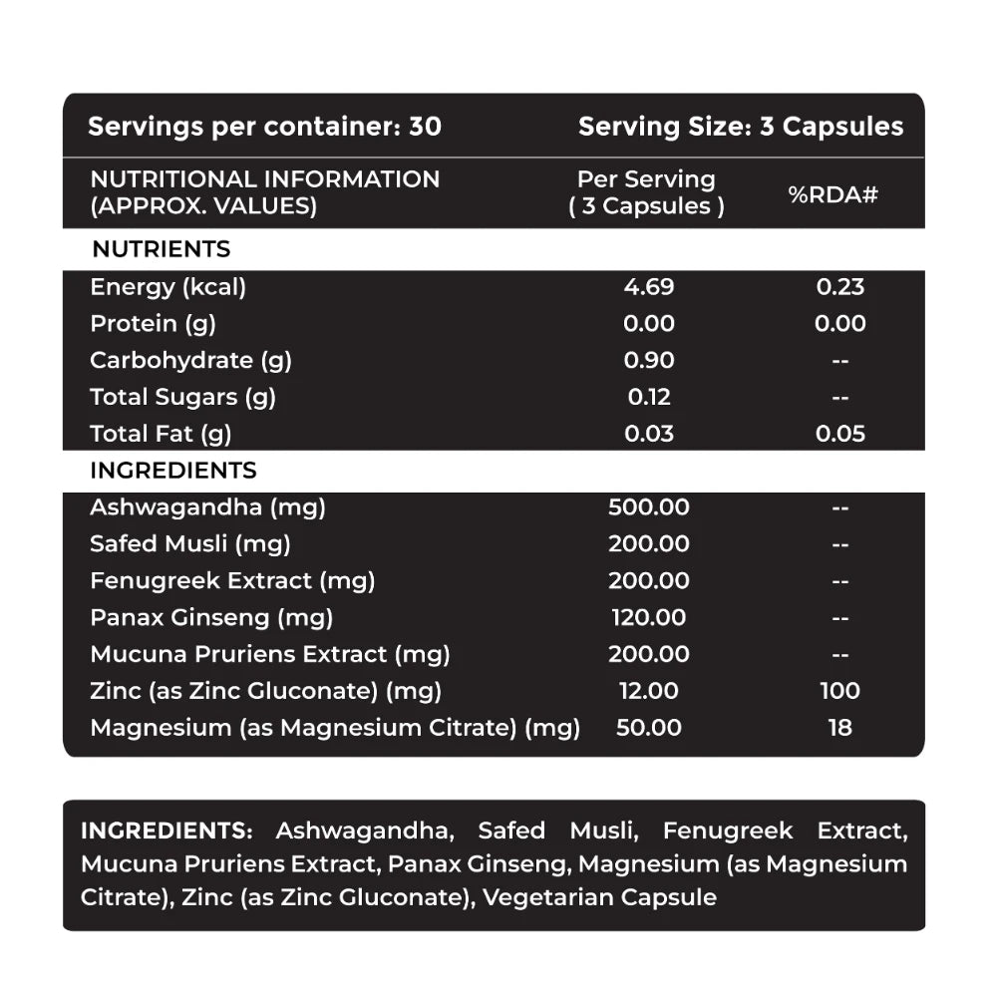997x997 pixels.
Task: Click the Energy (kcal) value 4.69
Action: (648, 287)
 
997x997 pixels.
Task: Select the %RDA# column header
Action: (832, 194)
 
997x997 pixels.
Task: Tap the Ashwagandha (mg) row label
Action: (207, 506)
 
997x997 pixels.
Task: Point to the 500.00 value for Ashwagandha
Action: (648, 506)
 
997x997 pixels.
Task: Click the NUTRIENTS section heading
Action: (161, 249)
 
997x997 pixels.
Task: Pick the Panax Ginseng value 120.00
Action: (648, 617)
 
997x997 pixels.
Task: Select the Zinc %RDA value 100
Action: (839, 691)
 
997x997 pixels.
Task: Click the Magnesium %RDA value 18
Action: (839, 728)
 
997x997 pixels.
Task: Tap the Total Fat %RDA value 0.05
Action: (839, 434)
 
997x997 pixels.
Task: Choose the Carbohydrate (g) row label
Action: (190, 361)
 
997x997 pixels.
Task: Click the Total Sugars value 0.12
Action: (648, 397)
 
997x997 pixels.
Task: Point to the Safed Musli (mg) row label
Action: (189, 543)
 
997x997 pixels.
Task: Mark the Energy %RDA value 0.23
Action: (839, 287)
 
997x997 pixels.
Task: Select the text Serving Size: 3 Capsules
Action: (741, 127)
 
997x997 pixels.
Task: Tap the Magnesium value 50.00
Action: (648, 728)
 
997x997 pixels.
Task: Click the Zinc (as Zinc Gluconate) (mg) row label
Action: (265, 691)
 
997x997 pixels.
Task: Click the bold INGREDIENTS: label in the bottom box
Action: (166, 831)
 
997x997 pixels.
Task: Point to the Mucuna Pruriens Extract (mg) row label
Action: (269, 654)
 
